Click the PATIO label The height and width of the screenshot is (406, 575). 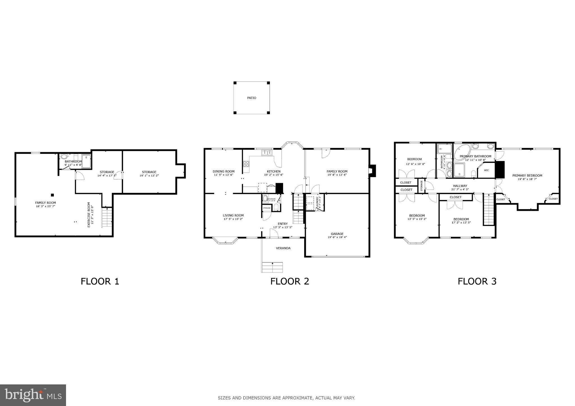[251, 98]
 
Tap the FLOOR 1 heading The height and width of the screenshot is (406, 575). [100, 281]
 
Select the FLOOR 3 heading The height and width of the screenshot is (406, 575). [477, 281]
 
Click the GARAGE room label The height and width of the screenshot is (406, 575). [337, 234]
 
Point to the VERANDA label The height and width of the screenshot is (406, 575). [283, 248]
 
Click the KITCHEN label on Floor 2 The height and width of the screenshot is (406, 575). [274, 171]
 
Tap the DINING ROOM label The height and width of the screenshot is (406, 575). [223, 171]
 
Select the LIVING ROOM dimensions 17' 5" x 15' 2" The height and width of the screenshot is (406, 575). [233, 219]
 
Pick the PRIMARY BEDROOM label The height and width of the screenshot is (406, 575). [527, 176]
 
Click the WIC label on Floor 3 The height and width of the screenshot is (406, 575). [486, 170]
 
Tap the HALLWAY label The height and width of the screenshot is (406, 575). [460, 186]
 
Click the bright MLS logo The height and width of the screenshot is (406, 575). [33, 395]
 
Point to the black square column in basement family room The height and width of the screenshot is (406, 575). [52, 195]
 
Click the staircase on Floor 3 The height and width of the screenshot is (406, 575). [488, 210]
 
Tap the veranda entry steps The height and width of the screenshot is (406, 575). [272, 267]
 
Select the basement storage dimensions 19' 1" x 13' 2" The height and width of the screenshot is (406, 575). [149, 176]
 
